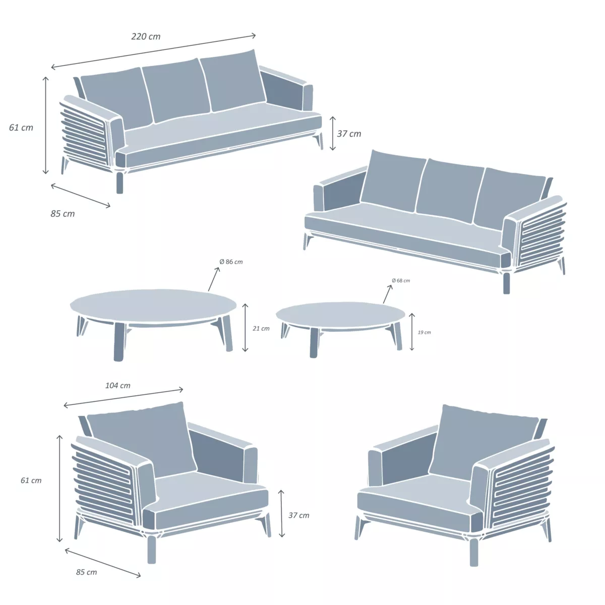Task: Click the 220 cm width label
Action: (146, 36)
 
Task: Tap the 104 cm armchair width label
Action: (118, 386)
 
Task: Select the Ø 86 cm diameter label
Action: (231, 262)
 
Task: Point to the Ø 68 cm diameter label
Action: (401, 281)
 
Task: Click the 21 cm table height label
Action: (261, 329)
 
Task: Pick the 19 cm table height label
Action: (425, 333)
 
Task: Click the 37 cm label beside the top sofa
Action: (349, 134)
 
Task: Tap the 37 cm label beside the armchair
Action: (299, 515)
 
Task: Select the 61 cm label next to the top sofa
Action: (21, 128)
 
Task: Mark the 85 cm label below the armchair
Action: (87, 572)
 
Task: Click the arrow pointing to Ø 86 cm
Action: (214, 279)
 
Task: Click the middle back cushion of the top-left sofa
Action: (175, 91)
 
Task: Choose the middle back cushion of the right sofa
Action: (448, 188)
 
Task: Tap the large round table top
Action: (153, 305)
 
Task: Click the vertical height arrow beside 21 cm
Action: (246, 328)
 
